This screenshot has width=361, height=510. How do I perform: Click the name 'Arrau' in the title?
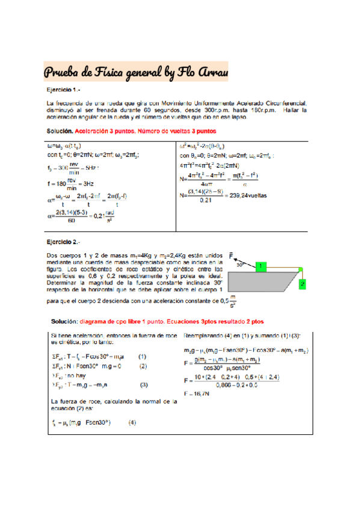(212, 73)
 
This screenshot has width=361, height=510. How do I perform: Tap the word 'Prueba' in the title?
(62, 73)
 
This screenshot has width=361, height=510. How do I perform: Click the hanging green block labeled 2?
(302, 283)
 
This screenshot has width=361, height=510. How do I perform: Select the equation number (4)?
(132, 421)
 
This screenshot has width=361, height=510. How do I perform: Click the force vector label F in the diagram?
(231, 254)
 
